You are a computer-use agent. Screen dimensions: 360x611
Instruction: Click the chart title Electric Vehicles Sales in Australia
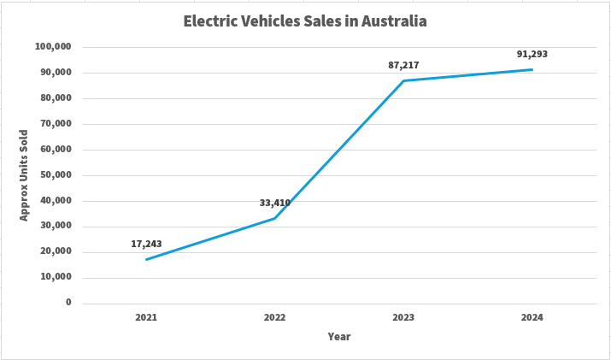[x=305, y=21]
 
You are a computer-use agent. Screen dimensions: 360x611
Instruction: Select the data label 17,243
[x=146, y=244]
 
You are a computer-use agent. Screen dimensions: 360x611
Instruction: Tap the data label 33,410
[x=275, y=204]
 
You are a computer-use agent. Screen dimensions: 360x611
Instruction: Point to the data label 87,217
[x=403, y=65]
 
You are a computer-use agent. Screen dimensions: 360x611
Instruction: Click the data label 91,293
[x=532, y=54]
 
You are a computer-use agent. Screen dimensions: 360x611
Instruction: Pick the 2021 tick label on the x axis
[x=146, y=317]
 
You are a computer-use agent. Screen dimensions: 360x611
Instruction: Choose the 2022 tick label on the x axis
[x=275, y=317]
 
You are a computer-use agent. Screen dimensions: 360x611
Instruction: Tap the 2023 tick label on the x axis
[x=403, y=317]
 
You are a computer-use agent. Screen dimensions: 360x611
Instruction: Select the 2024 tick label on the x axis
[x=532, y=317]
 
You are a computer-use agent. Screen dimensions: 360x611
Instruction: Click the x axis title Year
[x=339, y=337]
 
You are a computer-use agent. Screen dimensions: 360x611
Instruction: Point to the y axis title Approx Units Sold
[x=24, y=175]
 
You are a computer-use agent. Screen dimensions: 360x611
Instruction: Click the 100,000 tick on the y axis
[x=53, y=47]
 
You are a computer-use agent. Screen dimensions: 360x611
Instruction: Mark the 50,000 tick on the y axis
[x=56, y=175]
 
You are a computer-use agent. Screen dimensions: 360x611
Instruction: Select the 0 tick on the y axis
[x=68, y=303]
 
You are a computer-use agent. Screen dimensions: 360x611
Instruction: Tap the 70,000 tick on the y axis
[x=56, y=124]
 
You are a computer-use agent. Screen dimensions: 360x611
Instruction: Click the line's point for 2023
[x=403, y=80]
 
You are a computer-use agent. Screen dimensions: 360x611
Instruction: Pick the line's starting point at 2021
[x=146, y=259]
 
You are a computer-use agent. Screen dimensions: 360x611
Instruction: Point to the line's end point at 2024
[x=532, y=69]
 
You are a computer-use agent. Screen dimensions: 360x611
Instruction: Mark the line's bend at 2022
[x=275, y=218]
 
